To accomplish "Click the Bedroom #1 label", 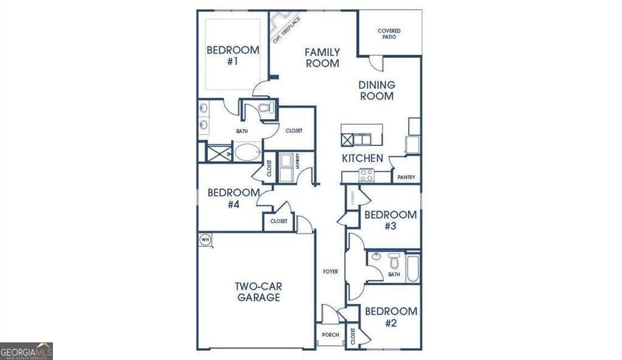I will click(232, 55).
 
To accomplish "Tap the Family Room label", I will click(322, 58).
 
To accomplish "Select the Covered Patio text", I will click(389, 33).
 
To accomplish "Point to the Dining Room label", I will click(376, 91).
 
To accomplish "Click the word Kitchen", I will click(362, 158).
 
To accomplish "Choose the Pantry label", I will click(406, 178).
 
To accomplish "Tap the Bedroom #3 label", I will click(390, 220).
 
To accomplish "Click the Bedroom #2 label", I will click(390, 317).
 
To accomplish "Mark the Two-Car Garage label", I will click(258, 292).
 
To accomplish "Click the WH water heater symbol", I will click(205, 240).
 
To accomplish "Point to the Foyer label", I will click(330, 271).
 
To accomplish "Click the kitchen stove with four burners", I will click(366, 175).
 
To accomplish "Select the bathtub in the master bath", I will click(247, 152).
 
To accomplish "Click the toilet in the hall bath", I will click(393, 261).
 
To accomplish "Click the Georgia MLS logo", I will click(26, 351).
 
